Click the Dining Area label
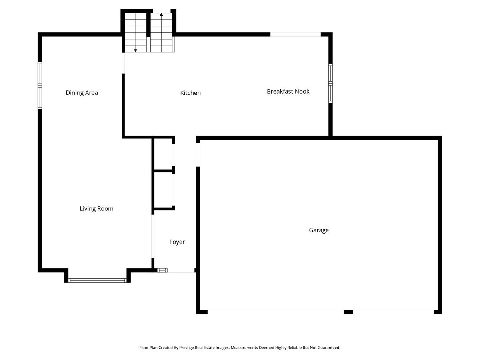(82, 93)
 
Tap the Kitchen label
(190, 93)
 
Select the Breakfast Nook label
(288, 91)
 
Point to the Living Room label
(96, 209)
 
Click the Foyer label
(177, 242)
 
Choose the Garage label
(319, 230)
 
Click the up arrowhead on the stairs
(161, 15)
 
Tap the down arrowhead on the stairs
(136, 50)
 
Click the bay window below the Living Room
(97, 280)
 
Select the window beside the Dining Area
(40, 86)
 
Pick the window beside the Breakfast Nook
(330, 83)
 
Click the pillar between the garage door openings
(348, 312)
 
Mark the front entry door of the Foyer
(181, 272)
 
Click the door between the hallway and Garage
(198, 155)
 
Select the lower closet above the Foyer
(163, 190)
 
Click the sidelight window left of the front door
(162, 270)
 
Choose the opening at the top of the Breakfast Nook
(296, 34)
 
